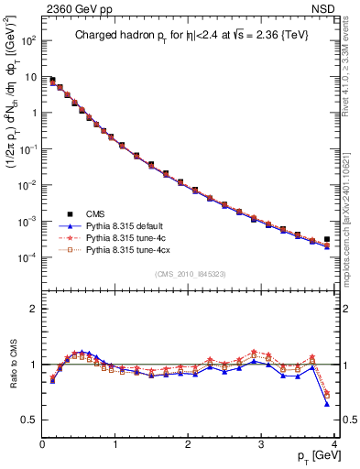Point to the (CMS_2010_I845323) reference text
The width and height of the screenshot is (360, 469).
pos(187,274)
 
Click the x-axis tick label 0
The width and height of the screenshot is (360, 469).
pos(42,443)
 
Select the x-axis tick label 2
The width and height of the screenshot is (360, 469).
pos(188,443)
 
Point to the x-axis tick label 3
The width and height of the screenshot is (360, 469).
pos(261,443)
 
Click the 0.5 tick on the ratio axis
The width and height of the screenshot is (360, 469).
pos(28,420)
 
